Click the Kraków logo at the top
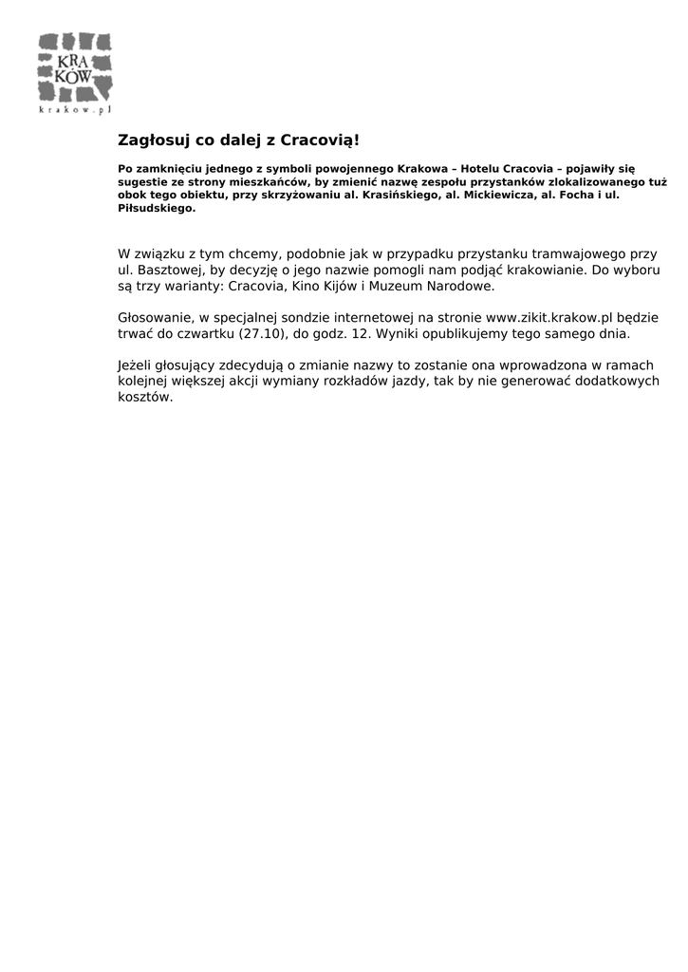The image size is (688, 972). [x=75, y=68]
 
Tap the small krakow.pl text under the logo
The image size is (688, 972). [x=75, y=110]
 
